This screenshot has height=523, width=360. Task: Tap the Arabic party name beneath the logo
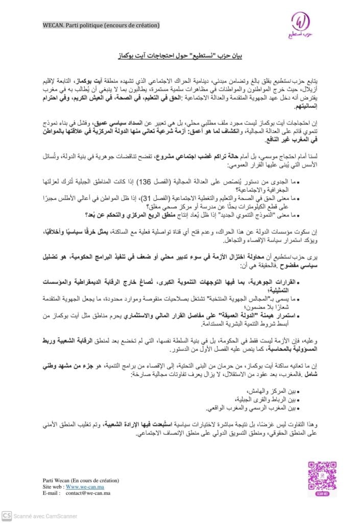tap(301, 37)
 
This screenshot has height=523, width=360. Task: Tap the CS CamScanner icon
tap(7, 516)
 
